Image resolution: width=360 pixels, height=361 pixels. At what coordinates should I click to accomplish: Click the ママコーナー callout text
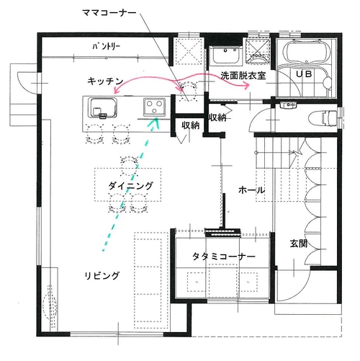pos(109,12)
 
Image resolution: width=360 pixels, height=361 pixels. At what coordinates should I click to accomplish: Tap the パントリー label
pos(106,46)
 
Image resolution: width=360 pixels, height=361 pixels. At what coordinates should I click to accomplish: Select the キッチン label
pos(105,81)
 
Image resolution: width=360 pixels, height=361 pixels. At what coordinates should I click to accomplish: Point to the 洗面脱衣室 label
pos(243,76)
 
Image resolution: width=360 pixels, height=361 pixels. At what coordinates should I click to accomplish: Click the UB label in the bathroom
pos(304,74)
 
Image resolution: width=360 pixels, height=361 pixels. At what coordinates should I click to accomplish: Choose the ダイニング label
pos(130,186)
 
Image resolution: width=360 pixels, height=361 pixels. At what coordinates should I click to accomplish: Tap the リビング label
pos(102,275)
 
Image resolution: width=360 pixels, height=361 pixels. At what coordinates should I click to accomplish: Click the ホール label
pos(252,190)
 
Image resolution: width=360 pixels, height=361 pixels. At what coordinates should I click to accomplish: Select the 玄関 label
pos(299,244)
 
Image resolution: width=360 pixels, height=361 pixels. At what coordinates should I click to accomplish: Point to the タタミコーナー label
pos(224,257)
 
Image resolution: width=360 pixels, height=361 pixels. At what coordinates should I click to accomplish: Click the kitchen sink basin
pos(103,108)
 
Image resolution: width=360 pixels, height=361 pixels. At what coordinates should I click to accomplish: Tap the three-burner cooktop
pos(154,107)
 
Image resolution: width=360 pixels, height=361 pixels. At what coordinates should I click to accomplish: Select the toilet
pos(323,118)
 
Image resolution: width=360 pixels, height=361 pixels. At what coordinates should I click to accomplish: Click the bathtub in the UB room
pos(306,53)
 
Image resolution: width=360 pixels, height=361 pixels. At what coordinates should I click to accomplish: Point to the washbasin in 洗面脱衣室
pos(225,55)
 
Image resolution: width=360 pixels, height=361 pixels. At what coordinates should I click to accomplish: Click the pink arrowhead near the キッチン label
pos(117,91)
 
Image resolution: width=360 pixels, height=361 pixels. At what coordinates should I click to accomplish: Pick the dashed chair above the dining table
pos(130,164)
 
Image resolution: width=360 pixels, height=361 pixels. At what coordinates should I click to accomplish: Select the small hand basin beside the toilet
pos(289,105)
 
